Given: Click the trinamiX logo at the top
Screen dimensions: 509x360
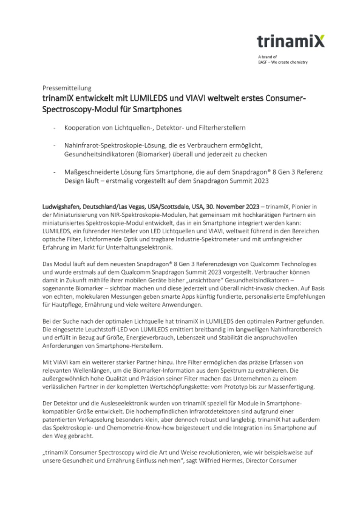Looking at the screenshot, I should pyautogui.click(x=290, y=41).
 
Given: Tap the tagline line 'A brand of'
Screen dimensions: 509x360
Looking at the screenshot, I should pyautogui.click(x=265, y=57).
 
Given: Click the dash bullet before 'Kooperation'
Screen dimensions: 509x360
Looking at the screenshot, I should pyautogui.click(x=54, y=128).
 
